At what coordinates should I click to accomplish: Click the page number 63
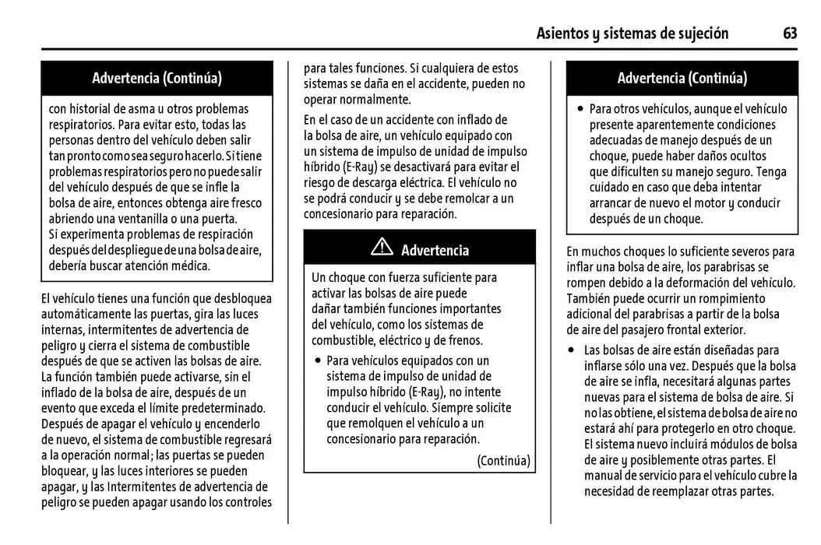click(790, 33)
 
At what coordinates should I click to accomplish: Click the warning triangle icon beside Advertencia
click(382, 248)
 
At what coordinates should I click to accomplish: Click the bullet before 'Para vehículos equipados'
click(318, 360)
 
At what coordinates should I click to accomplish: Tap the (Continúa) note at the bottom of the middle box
click(503, 460)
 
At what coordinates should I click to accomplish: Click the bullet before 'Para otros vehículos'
click(580, 109)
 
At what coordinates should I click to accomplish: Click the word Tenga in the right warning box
click(771, 171)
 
